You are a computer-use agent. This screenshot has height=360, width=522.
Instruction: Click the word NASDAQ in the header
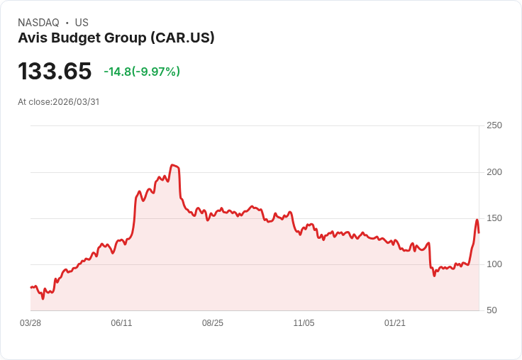[x=38, y=23]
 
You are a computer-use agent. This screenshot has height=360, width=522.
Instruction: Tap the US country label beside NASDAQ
[x=82, y=23]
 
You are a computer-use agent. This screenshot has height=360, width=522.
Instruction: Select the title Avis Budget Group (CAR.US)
[x=116, y=38]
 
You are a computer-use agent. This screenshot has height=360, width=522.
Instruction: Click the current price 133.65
[x=55, y=71]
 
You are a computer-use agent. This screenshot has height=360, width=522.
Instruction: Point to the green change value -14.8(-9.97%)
[x=142, y=72]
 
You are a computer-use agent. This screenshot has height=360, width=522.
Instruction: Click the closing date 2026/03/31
[x=76, y=102]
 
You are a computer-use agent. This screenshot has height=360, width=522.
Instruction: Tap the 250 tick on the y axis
[x=494, y=125]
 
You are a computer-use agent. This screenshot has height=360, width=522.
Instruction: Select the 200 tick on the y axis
[x=494, y=172]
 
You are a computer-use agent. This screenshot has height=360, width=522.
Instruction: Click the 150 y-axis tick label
[x=494, y=218]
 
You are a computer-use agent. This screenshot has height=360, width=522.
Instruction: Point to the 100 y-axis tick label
[x=494, y=264]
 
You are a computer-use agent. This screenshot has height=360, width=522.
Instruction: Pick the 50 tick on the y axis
[x=492, y=310]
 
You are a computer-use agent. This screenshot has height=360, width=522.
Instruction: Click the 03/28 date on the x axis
[x=30, y=323]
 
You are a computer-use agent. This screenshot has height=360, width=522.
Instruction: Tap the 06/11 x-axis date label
[x=121, y=323]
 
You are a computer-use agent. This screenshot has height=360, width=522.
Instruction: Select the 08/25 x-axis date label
[x=213, y=323]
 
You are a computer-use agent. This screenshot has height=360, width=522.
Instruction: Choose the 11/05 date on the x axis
[x=304, y=323]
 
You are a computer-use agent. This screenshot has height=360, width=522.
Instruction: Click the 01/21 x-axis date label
[x=395, y=323]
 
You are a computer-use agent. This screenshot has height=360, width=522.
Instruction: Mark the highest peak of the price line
[x=172, y=165]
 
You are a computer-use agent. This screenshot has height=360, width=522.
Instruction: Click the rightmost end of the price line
[x=479, y=232]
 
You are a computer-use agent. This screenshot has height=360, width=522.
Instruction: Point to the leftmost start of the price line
[x=30, y=287]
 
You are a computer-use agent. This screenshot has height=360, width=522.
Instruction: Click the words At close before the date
[x=34, y=102]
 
